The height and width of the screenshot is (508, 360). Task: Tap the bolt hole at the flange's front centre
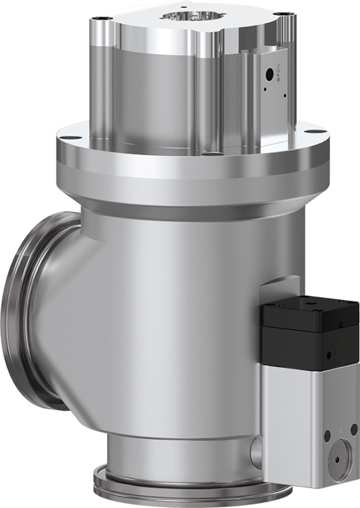(x=208, y=153)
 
